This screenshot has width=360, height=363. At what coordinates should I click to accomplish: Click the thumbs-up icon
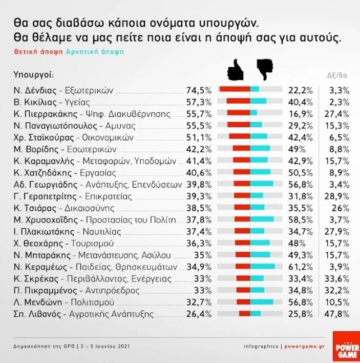(236, 70)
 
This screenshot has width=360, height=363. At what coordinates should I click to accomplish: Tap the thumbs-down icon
(264, 70)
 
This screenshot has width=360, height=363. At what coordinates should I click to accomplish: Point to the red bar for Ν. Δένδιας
(235, 90)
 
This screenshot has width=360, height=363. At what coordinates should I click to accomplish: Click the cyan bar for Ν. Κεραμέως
(263, 267)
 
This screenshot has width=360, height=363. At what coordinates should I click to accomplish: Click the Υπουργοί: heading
(33, 75)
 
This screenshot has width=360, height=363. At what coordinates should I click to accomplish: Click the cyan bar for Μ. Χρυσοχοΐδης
(262, 219)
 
